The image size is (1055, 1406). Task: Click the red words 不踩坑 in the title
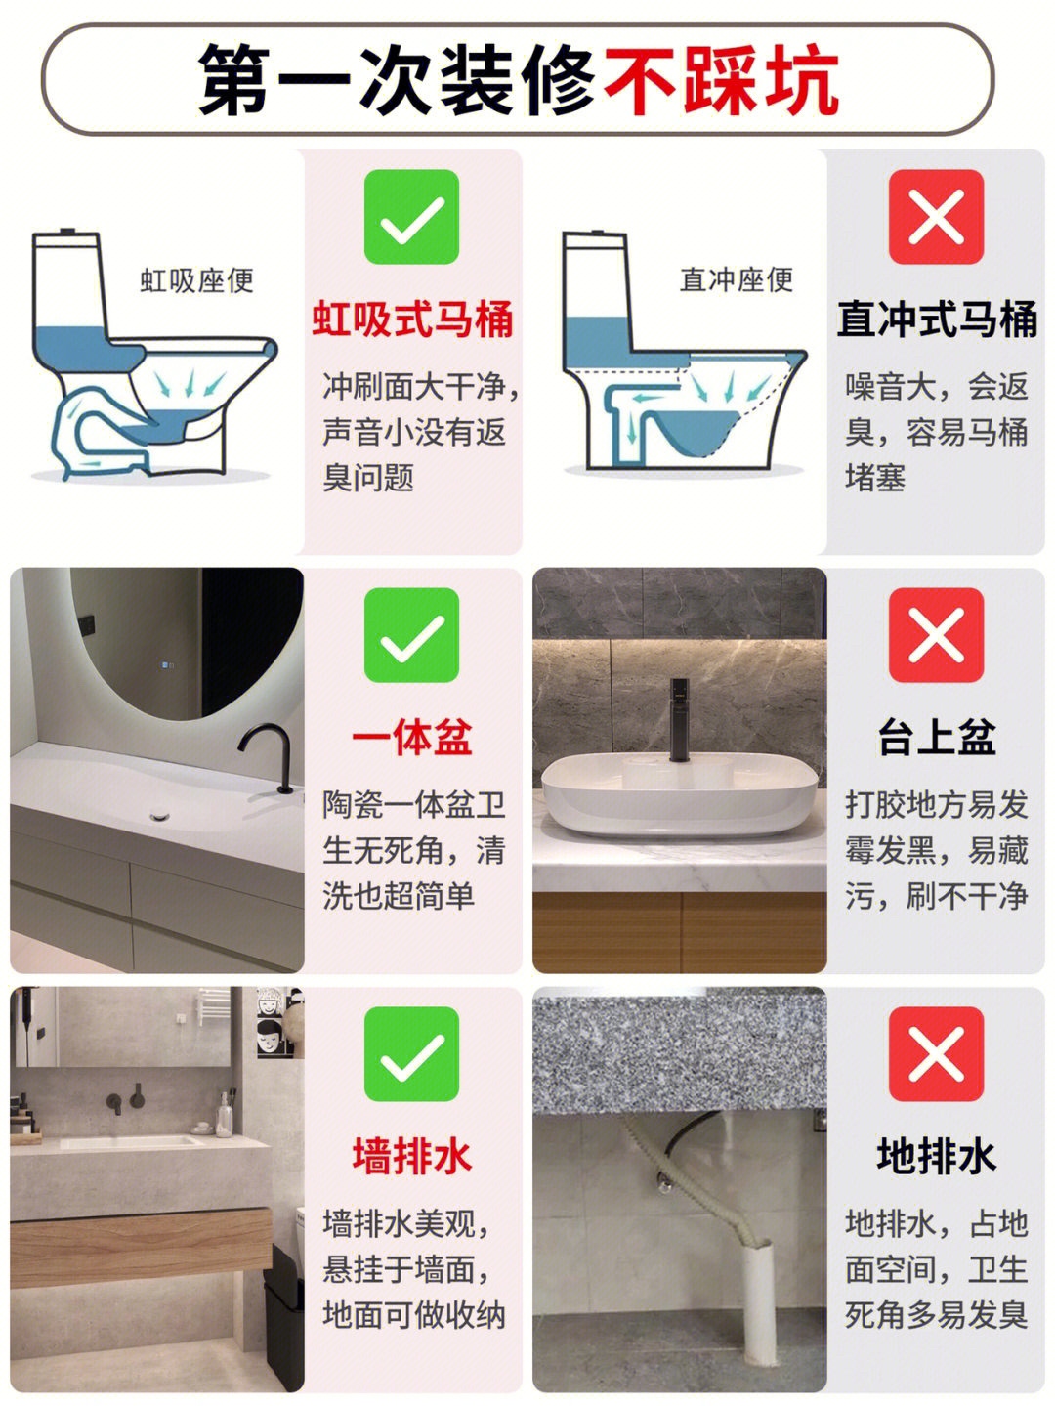(x=722, y=81)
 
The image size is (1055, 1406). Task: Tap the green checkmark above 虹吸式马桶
(x=411, y=217)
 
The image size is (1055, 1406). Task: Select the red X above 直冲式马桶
(x=936, y=217)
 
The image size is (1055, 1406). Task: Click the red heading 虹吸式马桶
(x=413, y=319)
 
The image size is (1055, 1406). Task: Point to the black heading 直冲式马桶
(x=937, y=319)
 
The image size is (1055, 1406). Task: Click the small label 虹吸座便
(x=197, y=280)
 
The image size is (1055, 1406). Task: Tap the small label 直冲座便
(x=737, y=279)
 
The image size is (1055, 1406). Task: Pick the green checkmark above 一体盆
(x=411, y=635)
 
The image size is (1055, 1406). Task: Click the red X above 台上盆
(x=936, y=635)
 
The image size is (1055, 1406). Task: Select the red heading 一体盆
(x=412, y=738)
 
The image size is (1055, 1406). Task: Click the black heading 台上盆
(x=937, y=738)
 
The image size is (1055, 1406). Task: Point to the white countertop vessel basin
(x=680, y=794)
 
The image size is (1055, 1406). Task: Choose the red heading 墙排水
(x=412, y=1156)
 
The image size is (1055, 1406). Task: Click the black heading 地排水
(x=937, y=1156)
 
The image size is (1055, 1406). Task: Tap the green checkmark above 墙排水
(x=411, y=1053)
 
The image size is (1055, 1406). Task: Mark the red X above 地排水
(x=936, y=1053)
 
